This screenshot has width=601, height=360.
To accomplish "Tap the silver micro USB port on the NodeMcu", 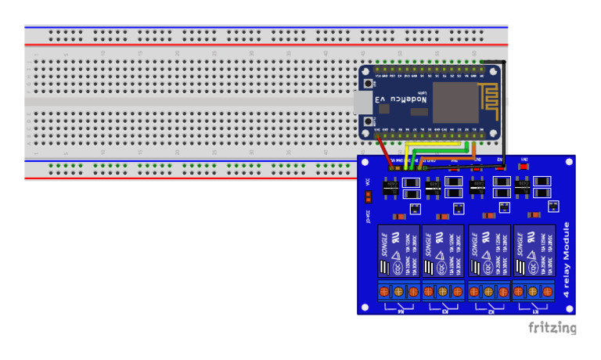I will pyautogui.click(x=363, y=102).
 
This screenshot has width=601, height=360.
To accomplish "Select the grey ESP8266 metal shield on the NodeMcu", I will pyautogui.click(x=450, y=101).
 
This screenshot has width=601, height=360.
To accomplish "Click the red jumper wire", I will pyautogui.click(x=383, y=152).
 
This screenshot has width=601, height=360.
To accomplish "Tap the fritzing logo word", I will pyautogui.click(x=552, y=327).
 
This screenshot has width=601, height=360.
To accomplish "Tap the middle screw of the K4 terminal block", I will pyautogui.click(x=398, y=292).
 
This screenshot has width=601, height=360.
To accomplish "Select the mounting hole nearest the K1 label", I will pyautogui.click(x=567, y=308).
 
